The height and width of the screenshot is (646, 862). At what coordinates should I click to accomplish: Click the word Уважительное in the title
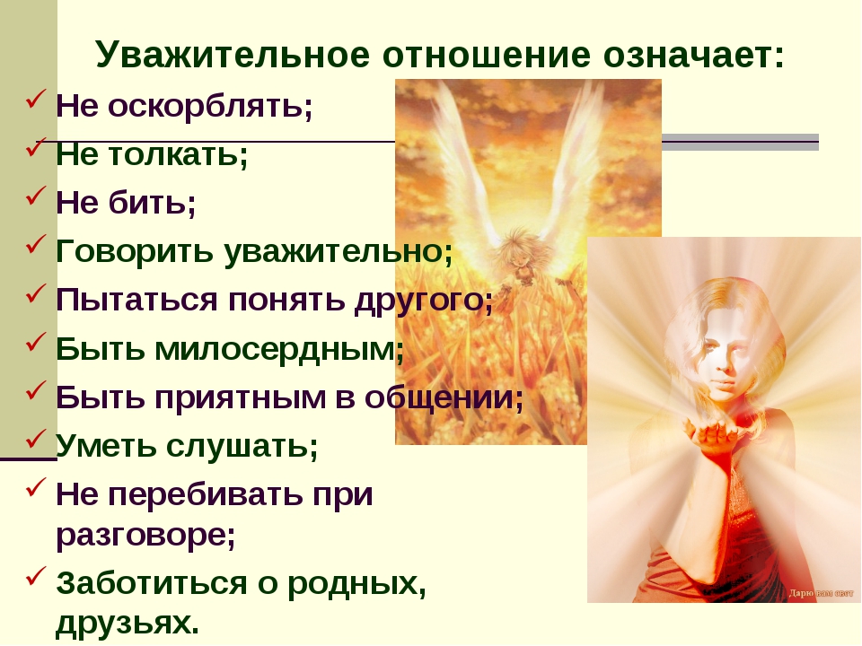[x=233, y=55]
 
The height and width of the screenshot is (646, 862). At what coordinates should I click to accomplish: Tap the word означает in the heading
[x=694, y=56]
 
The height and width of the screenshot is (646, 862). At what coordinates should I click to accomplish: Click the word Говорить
[x=135, y=251]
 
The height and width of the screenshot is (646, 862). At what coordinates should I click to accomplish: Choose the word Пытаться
[x=136, y=300]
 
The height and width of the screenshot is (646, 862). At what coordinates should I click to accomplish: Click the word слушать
[x=242, y=446]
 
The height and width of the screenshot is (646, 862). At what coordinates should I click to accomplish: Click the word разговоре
[x=145, y=536]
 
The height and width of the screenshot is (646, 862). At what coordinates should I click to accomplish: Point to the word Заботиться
[x=152, y=583]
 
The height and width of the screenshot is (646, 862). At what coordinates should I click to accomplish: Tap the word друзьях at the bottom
[x=127, y=624]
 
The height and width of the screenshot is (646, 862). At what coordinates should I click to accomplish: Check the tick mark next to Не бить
[x=35, y=196]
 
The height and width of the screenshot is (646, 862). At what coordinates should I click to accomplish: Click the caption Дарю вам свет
[x=822, y=593]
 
